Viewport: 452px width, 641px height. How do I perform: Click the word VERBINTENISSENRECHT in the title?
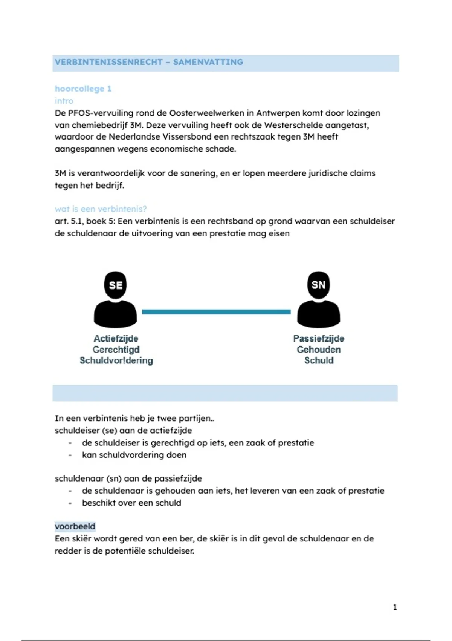pyautogui.click(x=108, y=62)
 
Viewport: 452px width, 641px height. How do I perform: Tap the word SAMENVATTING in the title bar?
pyautogui.click(x=208, y=62)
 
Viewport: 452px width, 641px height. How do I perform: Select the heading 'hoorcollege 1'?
pyautogui.click(x=83, y=89)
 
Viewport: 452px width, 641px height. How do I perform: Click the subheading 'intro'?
pyautogui.click(x=64, y=101)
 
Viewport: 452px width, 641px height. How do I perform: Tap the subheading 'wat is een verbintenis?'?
pyautogui.click(x=101, y=209)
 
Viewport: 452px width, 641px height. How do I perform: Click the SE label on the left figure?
pyautogui.click(x=116, y=285)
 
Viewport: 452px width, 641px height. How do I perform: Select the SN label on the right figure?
pyautogui.click(x=319, y=285)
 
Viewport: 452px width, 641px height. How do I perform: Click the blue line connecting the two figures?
pyautogui.click(x=216, y=312)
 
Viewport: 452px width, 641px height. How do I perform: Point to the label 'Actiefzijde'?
pyautogui.click(x=116, y=339)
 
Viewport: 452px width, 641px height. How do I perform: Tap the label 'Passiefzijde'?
pyautogui.click(x=319, y=339)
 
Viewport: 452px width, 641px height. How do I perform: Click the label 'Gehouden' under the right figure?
pyautogui.click(x=319, y=350)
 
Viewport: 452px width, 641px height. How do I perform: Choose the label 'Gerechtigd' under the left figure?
pyautogui.click(x=116, y=350)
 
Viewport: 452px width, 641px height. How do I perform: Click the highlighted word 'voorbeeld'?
pyautogui.click(x=75, y=526)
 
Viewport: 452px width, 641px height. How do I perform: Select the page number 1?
pyautogui.click(x=395, y=607)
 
